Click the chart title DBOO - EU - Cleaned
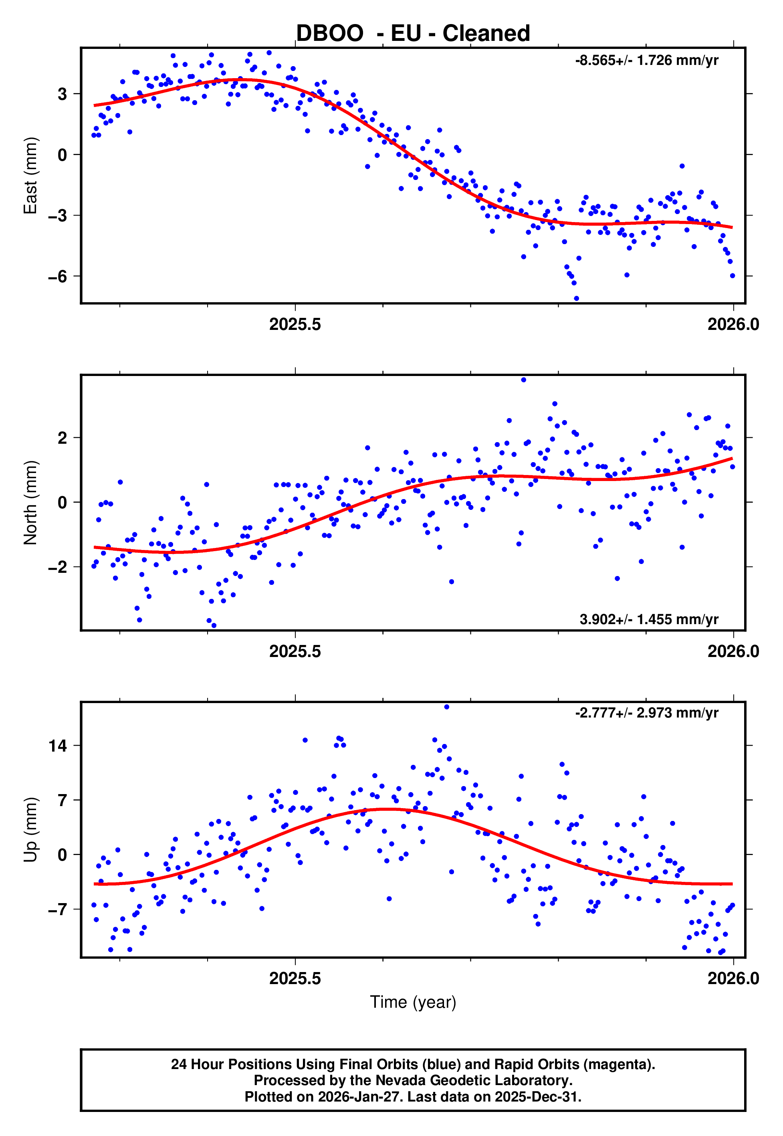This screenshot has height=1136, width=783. coord(413,33)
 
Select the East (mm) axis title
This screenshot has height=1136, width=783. coord(30,176)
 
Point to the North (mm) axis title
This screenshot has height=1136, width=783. coord(30,503)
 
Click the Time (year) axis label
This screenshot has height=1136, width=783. coord(413,1002)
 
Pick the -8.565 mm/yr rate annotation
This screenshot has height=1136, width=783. coord(647,61)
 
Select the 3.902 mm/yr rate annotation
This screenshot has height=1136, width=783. coord(649,619)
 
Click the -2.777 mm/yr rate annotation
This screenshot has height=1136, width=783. coord(647,713)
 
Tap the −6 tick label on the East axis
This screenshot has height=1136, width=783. coord(57,277)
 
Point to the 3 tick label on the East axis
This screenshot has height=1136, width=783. coord(62,94)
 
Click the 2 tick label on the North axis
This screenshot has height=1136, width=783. coord(62,438)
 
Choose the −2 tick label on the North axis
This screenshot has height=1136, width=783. coord(57,567)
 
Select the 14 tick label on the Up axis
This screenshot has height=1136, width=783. coord(57,746)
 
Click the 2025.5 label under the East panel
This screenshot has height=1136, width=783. coord(295,324)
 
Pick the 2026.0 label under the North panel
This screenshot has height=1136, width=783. coord(733,652)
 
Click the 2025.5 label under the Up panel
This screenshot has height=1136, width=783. coord(295,978)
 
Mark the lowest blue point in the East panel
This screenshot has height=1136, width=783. coord(577,298)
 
